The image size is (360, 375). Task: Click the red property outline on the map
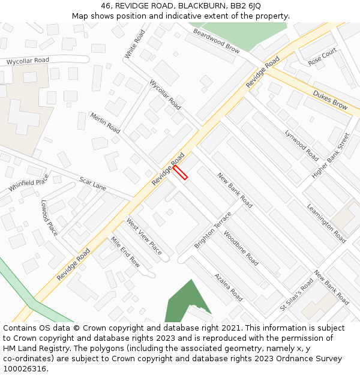(x=180, y=173)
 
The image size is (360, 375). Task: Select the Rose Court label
(x=322, y=58)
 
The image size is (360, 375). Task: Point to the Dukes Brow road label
(x=331, y=100)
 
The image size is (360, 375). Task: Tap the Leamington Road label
(x=326, y=223)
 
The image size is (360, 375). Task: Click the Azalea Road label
(x=229, y=287)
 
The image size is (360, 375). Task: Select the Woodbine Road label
(x=241, y=248)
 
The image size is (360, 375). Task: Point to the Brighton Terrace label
(x=213, y=230)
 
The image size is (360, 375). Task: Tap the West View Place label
(x=144, y=236)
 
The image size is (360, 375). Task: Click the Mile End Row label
(x=125, y=252)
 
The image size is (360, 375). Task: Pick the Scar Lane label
(x=93, y=184)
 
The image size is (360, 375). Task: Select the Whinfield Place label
(x=29, y=183)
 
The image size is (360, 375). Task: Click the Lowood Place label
(x=49, y=217)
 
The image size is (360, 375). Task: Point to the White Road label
(x=135, y=44)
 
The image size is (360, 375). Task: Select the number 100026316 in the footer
(x=24, y=368)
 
